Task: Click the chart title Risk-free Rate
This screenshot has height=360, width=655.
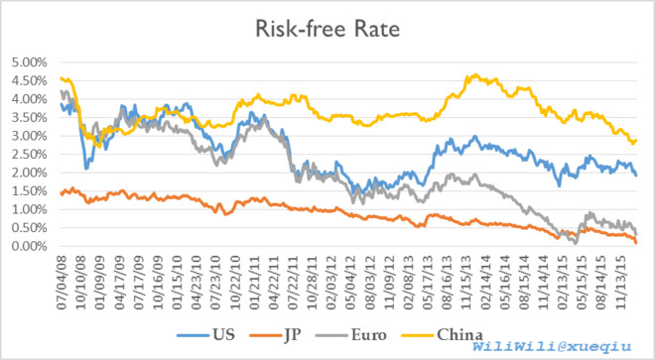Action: (327, 29)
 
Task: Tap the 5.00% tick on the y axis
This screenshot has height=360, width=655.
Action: (29, 62)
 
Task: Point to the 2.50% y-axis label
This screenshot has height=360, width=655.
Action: (29, 155)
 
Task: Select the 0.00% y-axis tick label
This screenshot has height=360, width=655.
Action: (29, 246)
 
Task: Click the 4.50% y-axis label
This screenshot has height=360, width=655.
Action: (29, 81)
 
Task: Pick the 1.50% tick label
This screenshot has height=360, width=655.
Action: (29, 191)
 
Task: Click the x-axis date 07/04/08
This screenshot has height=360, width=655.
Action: (62, 283)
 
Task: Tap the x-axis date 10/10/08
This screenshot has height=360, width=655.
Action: (81, 283)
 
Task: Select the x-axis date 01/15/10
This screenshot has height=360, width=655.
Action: (177, 283)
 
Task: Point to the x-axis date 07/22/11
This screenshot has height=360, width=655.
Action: (293, 283)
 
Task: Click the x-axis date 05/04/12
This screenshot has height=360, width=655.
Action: (350, 283)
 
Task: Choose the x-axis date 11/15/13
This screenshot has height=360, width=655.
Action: (465, 283)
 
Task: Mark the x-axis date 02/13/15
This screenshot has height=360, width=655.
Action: (562, 283)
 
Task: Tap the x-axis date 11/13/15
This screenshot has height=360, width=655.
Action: (619, 283)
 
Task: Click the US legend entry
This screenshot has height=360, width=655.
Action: (205, 335)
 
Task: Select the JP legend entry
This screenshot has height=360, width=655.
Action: (275, 335)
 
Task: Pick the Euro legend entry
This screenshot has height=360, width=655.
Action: (351, 335)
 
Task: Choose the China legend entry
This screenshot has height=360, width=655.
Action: (442, 335)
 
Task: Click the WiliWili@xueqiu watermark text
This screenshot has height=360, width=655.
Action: (552, 346)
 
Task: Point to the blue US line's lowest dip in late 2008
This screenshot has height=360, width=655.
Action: (86, 168)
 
